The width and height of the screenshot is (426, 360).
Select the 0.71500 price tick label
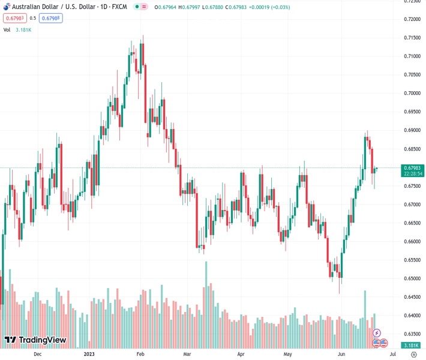[411, 38]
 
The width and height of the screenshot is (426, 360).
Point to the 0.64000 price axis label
[411, 316]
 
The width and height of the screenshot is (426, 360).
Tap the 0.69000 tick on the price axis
[411, 130]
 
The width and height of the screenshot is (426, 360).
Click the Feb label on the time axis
[140, 355]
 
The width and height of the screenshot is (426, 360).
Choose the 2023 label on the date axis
[89, 355]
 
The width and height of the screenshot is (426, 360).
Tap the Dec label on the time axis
[37, 355]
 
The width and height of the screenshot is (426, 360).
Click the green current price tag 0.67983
[411, 168]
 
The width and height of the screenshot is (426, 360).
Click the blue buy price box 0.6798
[50, 18]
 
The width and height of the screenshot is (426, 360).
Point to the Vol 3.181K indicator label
[17, 29]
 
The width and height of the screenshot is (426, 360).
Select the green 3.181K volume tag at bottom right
[411, 345]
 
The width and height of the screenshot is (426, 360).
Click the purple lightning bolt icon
[377, 332]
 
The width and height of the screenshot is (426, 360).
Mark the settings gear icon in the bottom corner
[413, 355]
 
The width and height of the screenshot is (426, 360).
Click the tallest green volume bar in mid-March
[206, 305]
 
